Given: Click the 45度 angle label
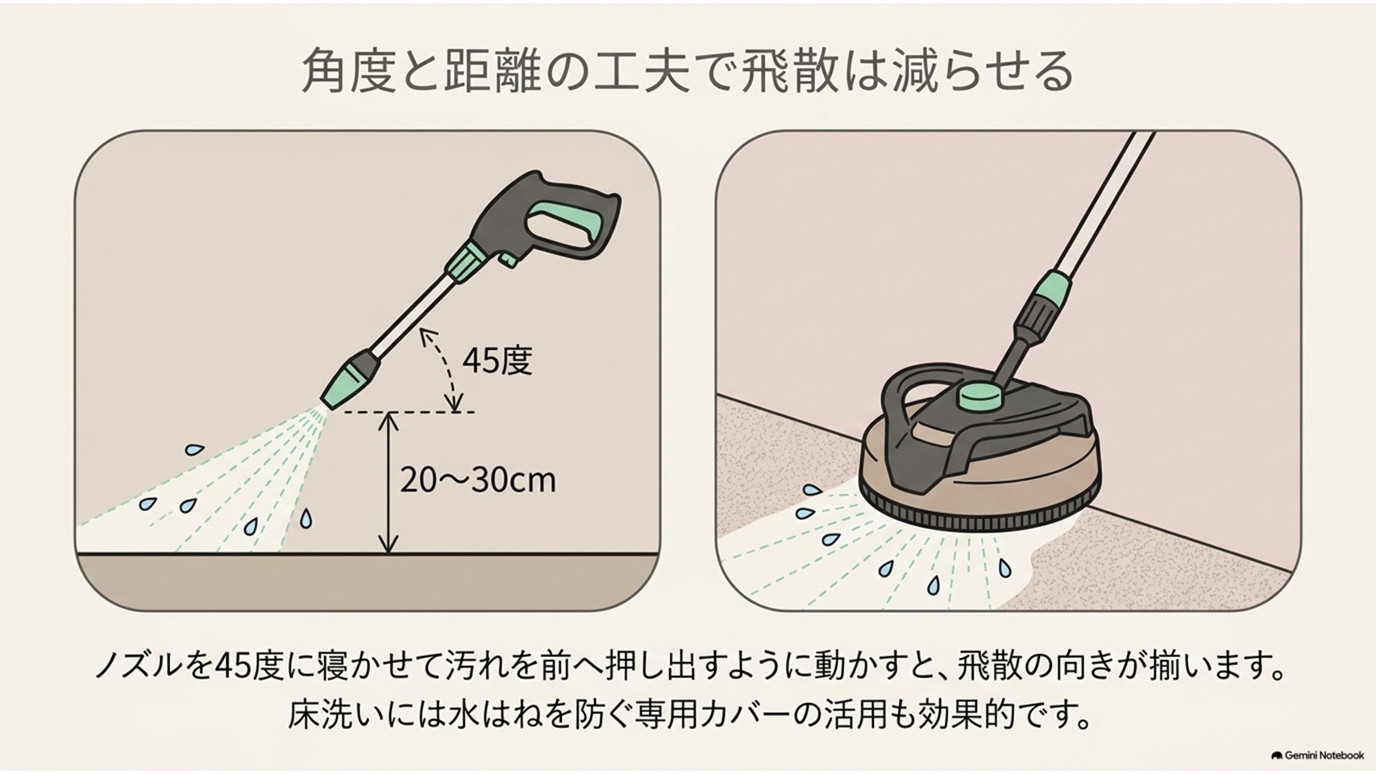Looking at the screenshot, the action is point(497,360).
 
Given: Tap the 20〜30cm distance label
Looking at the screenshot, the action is point(478,480).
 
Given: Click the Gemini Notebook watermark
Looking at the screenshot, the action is point(1317,755).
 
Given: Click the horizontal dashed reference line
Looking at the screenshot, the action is point(409,411).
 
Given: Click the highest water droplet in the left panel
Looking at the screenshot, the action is point(194,450).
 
